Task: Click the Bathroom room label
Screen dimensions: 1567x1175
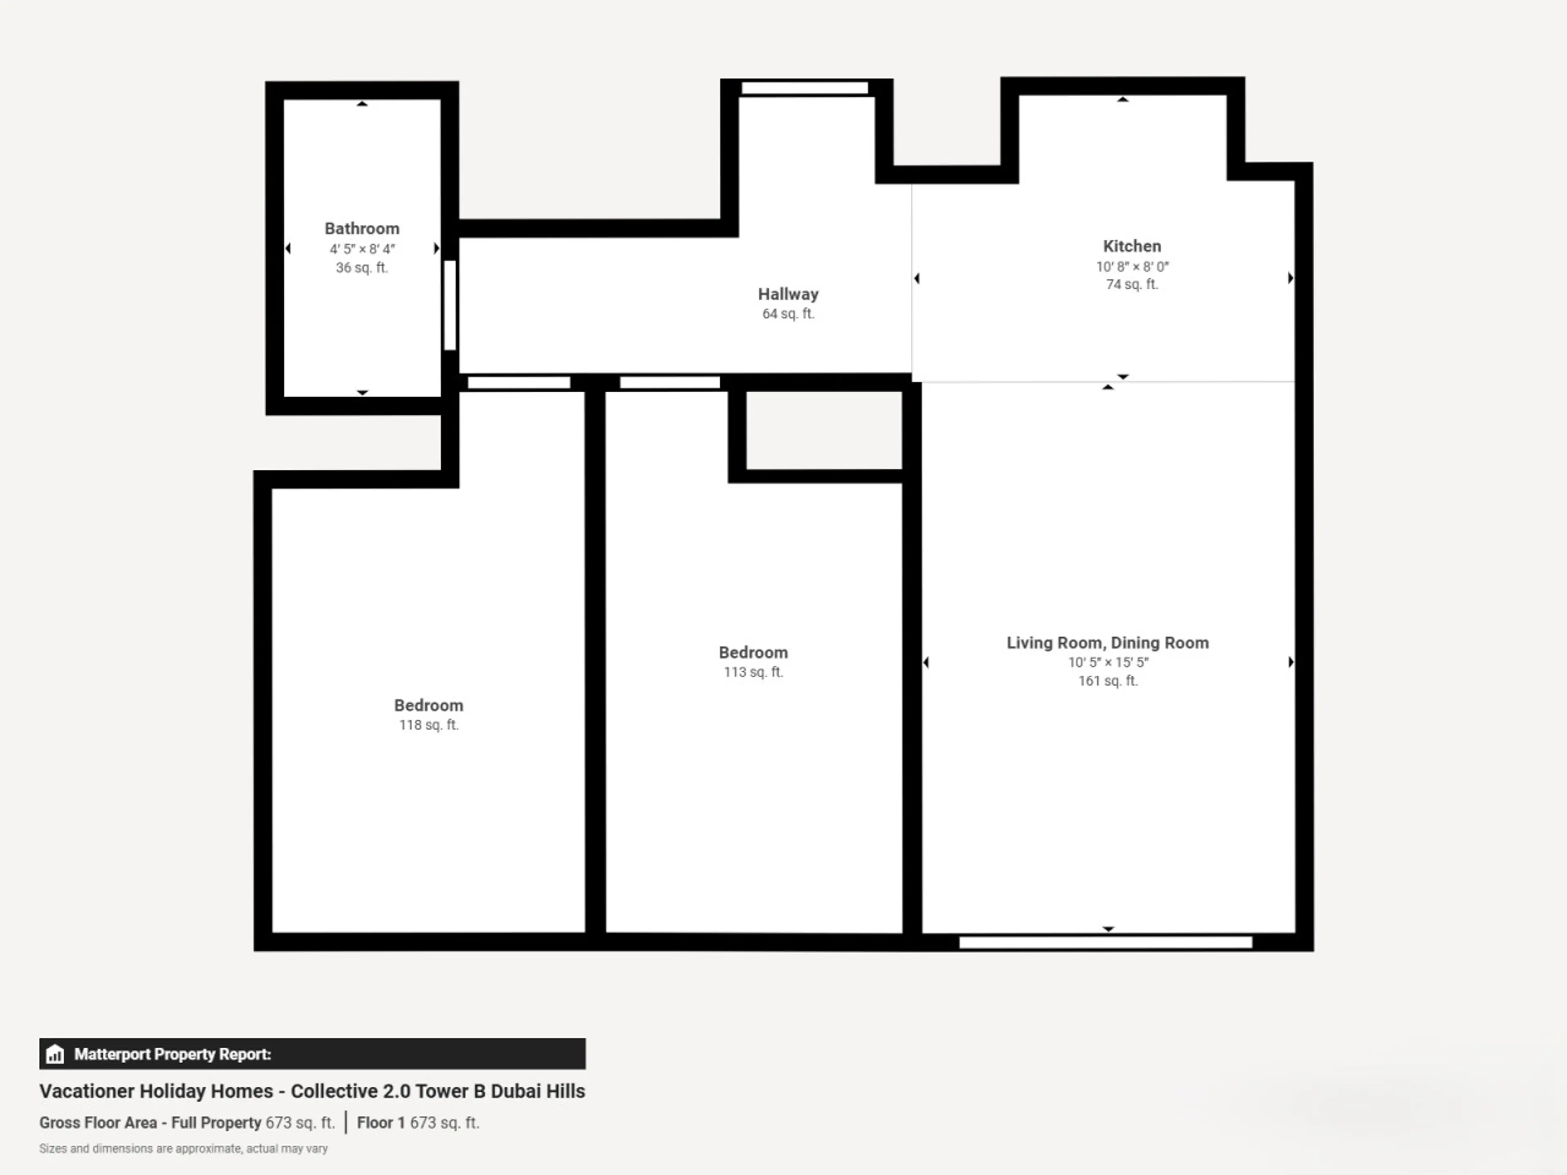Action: point(362,229)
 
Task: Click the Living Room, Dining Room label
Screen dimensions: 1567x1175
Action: point(1107,643)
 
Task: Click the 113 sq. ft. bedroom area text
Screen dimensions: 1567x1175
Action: point(753,672)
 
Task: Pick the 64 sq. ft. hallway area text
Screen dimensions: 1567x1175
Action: point(788,314)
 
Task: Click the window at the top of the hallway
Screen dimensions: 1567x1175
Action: point(805,88)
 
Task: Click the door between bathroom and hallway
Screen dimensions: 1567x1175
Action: point(450,305)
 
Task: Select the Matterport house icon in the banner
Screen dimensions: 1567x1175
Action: point(55,1054)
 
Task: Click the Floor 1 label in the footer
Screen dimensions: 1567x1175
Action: point(380,1123)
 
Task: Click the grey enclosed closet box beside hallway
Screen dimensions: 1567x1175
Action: point(824,430)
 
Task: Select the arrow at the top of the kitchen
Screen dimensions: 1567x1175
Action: point(1123,100)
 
